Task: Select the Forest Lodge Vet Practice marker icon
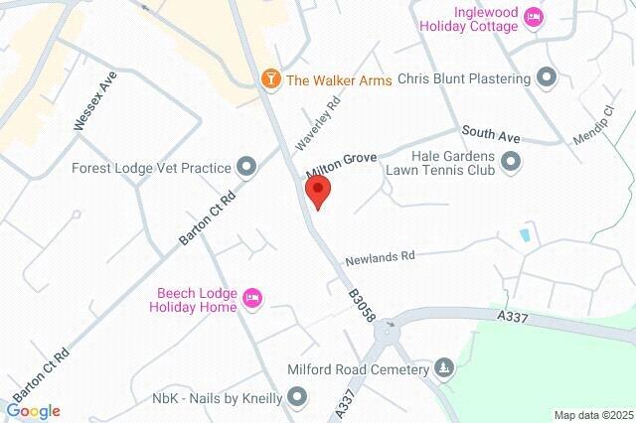pos(247,168)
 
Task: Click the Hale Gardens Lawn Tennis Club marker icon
pos(511,161)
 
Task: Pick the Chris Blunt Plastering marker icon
pos(546,77)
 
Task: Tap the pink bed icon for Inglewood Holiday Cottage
pos(535,17)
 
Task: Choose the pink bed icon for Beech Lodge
pos(251,297)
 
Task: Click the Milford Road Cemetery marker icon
pos(443,369)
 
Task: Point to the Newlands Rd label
pos(379,258)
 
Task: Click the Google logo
pos(33,411)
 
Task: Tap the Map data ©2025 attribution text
pos(592,415)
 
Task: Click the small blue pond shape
pos(524,235)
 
